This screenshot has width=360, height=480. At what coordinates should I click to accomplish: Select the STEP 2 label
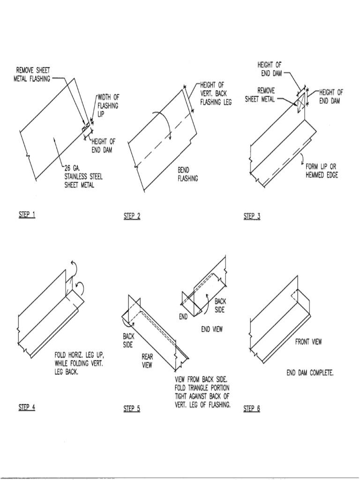(132, 216)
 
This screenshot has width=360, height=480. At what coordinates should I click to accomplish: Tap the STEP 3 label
(252, 216)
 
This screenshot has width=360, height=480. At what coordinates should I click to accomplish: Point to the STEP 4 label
(27, 407)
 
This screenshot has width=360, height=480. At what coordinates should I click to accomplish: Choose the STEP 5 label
(132, 409)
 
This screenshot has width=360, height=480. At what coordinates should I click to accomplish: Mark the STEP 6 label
(252, 409)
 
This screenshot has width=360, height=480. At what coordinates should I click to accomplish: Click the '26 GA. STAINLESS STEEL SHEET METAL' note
(83, 176)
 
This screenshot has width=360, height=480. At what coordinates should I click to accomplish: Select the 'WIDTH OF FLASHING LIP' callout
(108, 106)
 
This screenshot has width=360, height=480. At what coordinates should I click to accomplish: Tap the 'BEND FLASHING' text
(187, 174)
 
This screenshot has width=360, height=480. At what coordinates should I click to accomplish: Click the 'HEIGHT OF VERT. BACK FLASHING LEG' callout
(216, 93)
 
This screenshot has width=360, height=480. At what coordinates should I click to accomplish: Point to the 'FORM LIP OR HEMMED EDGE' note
(322, 171)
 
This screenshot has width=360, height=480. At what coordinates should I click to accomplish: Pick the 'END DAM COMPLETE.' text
(310, 373)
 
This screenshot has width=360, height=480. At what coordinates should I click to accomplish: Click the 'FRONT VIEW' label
(308, 342)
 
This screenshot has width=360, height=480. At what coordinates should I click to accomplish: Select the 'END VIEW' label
(212, 330)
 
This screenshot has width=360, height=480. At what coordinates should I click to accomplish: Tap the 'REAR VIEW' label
(147, 361)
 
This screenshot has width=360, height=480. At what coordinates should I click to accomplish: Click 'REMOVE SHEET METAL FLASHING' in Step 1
(33, 75)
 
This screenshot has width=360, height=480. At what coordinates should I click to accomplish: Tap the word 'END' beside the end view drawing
(183, 317)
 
